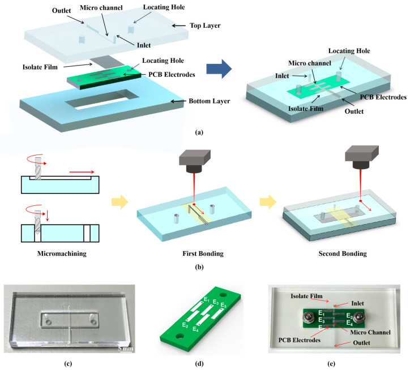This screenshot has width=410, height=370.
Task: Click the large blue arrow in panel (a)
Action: click(219, 69)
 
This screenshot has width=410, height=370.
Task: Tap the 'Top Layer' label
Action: click(205, 25)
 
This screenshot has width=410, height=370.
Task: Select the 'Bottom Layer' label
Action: click(209, 101)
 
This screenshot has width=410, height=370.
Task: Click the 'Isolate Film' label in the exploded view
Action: click(40, 67)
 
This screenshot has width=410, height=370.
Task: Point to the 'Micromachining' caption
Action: click(62, 253)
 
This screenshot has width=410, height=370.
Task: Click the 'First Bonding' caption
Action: click(203, 253)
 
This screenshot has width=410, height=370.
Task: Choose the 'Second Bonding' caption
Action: click(343, 253)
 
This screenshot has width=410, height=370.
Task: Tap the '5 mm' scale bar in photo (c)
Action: click(126, 349)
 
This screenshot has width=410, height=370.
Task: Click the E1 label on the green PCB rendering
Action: click(207, 300)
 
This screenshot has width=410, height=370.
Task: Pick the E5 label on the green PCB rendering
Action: click(223, 305)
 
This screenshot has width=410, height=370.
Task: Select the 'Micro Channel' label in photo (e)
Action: click(370, 332)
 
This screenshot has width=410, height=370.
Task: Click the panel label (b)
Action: click(199, 267)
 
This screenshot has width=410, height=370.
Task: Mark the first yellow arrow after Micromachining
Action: click(119, 202)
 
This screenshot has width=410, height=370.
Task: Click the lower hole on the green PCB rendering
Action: click(180, 336)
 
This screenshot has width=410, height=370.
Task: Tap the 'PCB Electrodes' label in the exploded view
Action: click(172, 75)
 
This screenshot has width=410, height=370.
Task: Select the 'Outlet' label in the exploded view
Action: click(62, 11)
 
